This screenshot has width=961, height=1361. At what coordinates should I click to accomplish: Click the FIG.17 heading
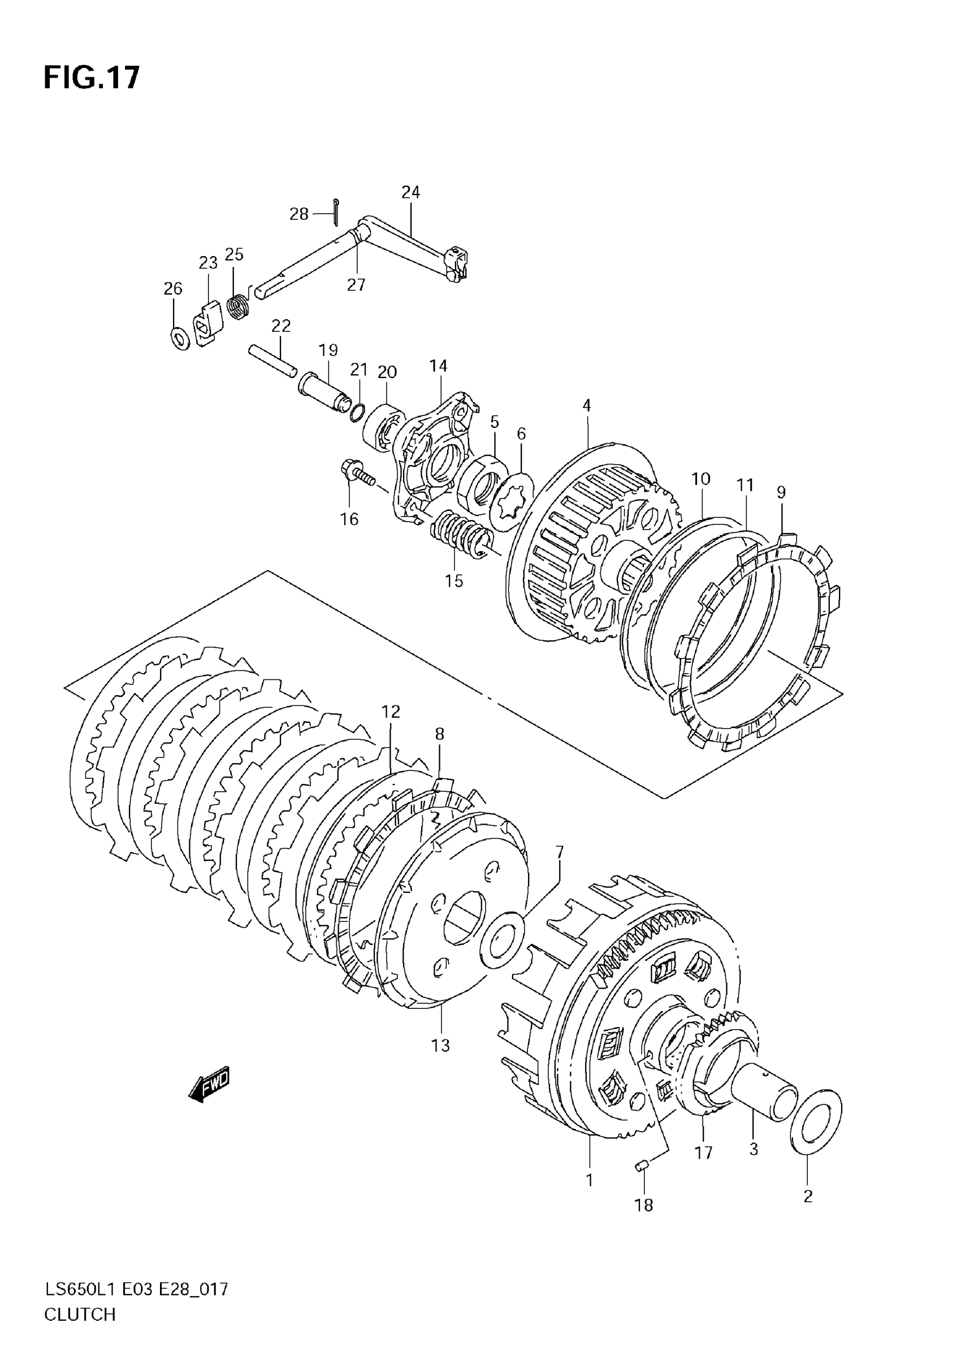point(92,77)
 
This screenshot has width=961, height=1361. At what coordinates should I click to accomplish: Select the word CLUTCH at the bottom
point(80,1331)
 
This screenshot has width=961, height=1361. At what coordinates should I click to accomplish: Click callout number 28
point(299,214)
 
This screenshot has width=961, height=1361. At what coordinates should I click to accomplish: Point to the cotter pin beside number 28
point(336,211)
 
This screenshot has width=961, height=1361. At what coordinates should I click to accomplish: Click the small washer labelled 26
point(180,338)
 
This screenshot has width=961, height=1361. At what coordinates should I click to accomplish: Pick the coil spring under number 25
point(239,307)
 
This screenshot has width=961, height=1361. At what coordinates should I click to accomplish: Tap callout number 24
point(410,192)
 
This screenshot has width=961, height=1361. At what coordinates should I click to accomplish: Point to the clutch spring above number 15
point(461,534)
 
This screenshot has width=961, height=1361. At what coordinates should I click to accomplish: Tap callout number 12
point(391,712)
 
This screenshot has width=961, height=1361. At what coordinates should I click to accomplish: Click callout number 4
point(586,405)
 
